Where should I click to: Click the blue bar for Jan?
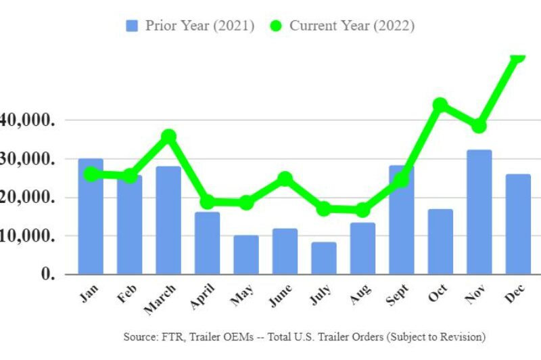[x=91, y=217]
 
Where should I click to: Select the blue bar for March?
[x=168, y=220]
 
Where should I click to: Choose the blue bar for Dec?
[x=518, y=224]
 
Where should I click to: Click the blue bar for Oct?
[x=440, y=242]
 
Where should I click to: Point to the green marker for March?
[x=168, y=137]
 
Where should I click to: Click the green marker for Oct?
[x=440, y=105]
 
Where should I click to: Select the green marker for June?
[x=285, y=179]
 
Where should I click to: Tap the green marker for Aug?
[x=362, y=210]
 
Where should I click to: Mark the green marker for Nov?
[x=479, y=126]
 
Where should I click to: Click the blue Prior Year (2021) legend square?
[x=132, y=26]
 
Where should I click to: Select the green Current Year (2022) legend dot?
[x=275, y=26]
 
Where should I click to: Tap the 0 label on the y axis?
[x=47, y=274]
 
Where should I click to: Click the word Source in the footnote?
[x=139, y=336]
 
